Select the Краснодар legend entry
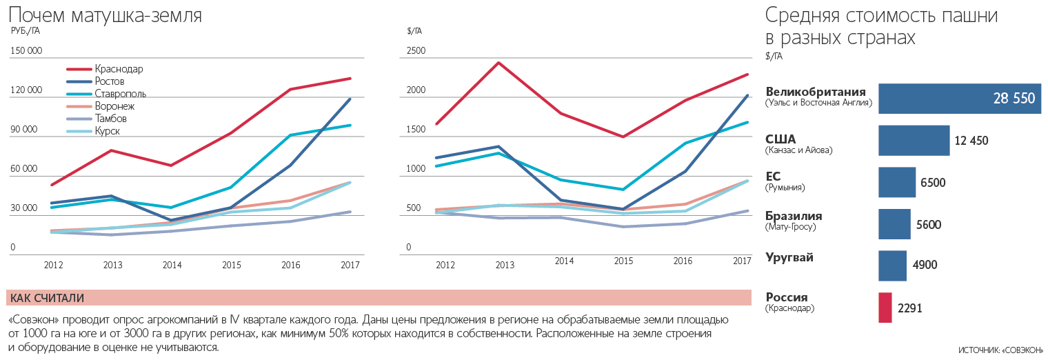coord(119,69)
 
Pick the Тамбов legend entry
coord(110,119)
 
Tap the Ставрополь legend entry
coord(120,94)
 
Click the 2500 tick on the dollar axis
coord(416,51)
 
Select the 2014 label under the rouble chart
coord(172,265)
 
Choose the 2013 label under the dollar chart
coord(505,265)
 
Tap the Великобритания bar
coord(959,99)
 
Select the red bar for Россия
coord(885,308)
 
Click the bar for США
coord(914,141)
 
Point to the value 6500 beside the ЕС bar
coord(933,183)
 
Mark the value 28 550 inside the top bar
coord(1014,99)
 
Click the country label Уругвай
coord(789,257)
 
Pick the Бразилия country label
coord(794,216)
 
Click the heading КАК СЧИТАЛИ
coord(48,298)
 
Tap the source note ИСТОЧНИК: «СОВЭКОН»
coord(1000,350)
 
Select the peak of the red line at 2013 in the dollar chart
coord(498,63)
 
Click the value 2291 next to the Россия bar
coord(909,308)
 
